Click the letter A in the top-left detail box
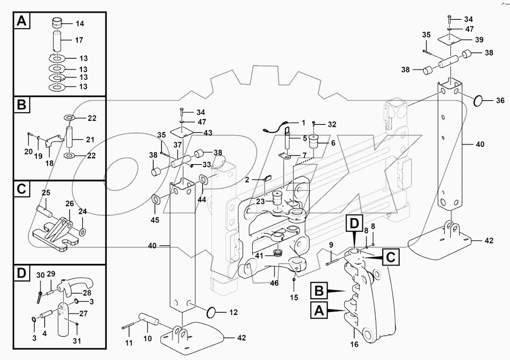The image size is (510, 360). coord(21,21)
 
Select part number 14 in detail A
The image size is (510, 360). coord(80,22)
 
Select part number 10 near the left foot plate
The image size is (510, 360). coord(147,338)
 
